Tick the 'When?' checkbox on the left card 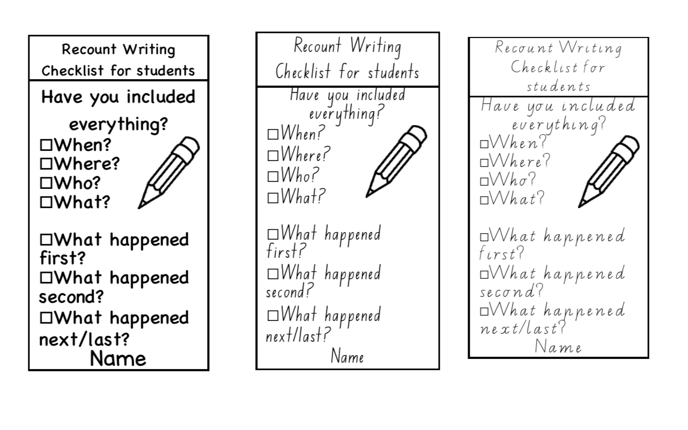[46, 144]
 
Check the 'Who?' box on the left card [46, 183]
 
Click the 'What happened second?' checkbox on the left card [46, 278]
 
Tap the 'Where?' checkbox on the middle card [273, 156]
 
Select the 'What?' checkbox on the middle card [273, 198]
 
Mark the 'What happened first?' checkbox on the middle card [273, 234]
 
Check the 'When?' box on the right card [484, 144]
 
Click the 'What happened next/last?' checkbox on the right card [484, 311]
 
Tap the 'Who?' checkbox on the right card [484, 181]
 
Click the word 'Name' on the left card [118, 358]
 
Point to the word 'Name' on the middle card [347, 356]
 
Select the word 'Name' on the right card [558, 347]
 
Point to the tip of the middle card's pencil [366, 197]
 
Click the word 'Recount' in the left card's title [89, 49]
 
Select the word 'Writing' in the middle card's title [376, 47]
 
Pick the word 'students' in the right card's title [559, 87]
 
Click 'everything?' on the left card [119, 125]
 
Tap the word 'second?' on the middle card [289, 290]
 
